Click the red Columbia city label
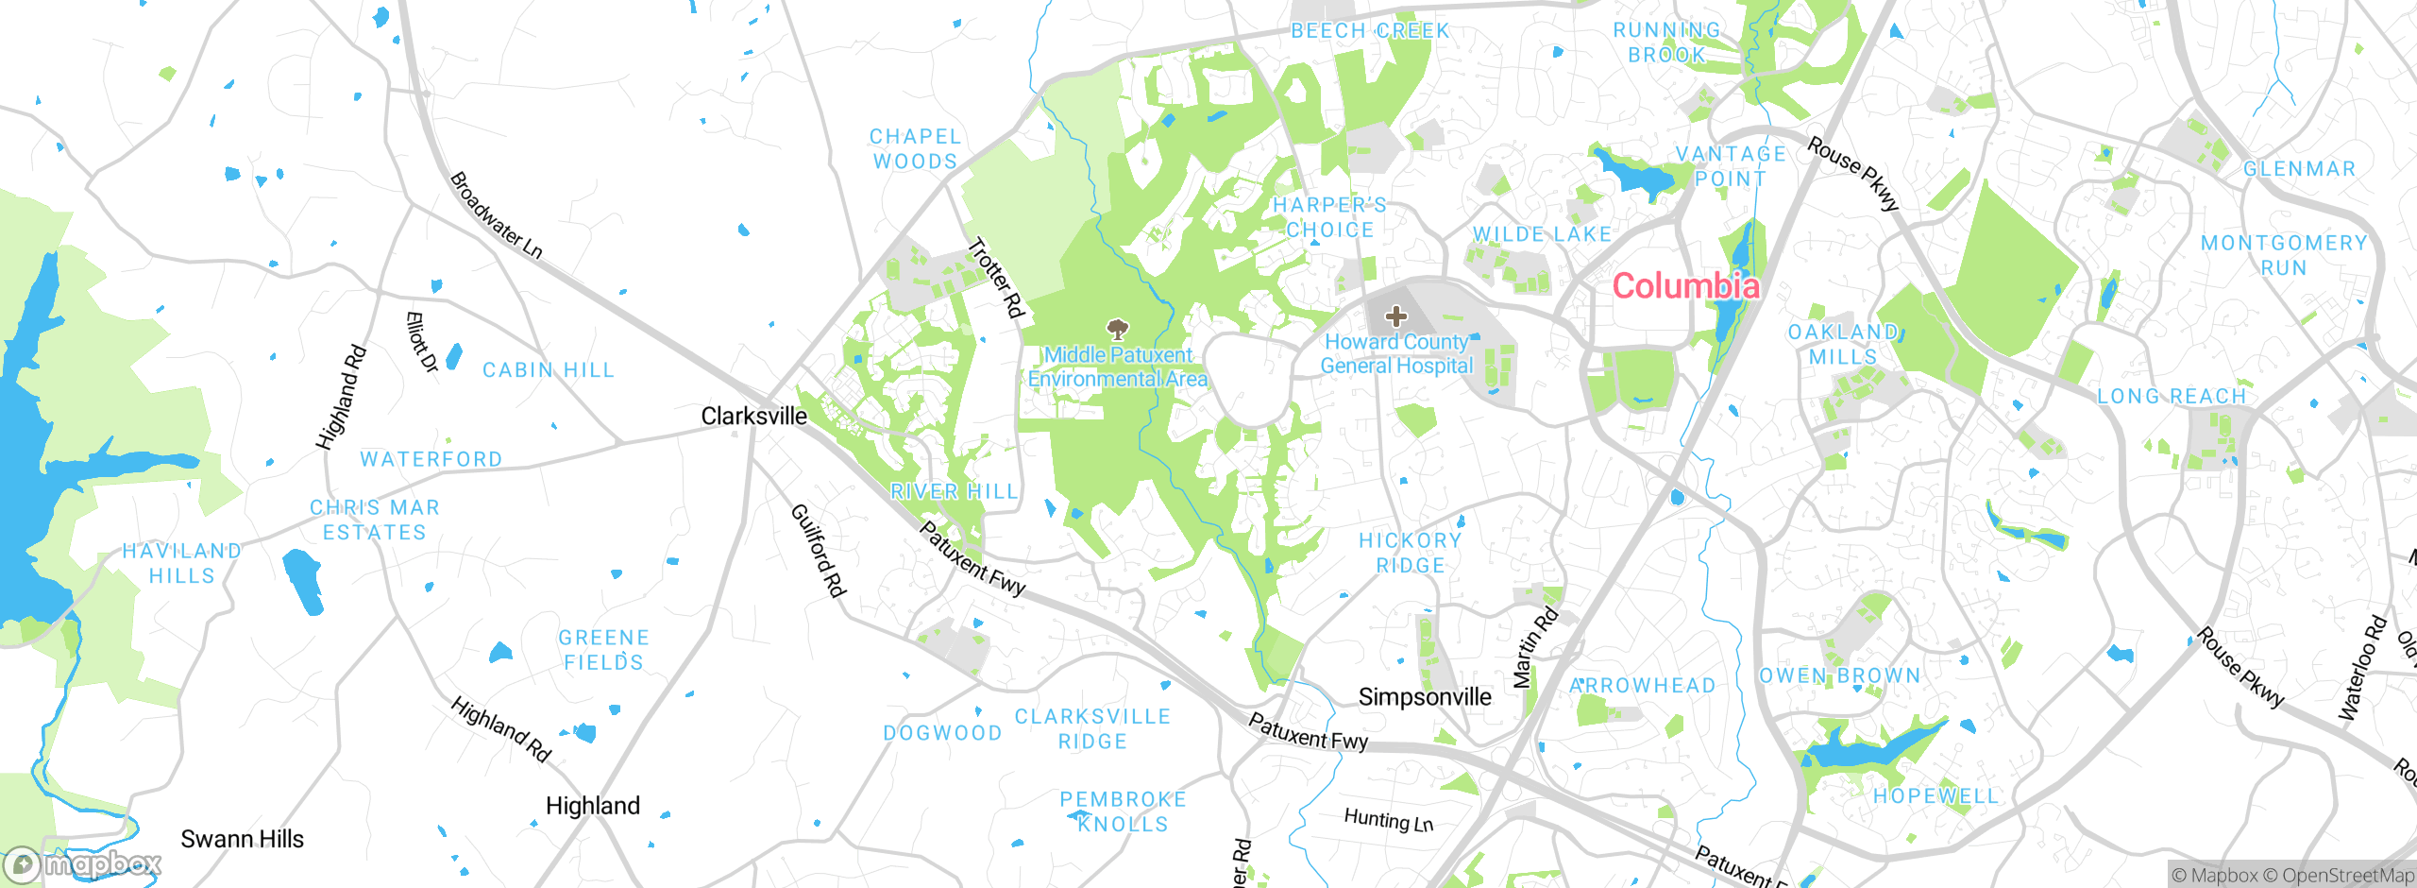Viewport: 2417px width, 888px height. click(x=1685, y=285)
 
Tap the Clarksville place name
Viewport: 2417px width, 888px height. click(x=753, y=416)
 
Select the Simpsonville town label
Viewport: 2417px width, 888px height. click(x=1424, y=697)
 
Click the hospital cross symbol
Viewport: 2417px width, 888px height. click(x=1395, y=316)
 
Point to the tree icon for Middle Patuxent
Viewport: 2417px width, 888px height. click(x=1118, y=330)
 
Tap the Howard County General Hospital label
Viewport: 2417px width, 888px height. click(x=1395, y=354)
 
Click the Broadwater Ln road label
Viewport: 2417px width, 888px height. click(x=496, y=215)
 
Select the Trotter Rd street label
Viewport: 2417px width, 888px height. click(x=996, y=278)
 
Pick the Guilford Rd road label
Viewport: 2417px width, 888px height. click(x=818, y=551)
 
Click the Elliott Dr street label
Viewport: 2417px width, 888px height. click(x=421, y=342)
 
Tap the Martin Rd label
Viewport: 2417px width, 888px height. click(x=1535, y=648)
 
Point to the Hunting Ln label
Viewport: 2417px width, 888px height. click(x=1388, y=820)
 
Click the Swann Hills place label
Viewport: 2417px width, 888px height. click(x=242, y=839)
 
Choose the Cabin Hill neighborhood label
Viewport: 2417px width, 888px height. click(x=548, y=370)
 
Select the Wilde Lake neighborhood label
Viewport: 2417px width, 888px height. click(x=1542, y=234)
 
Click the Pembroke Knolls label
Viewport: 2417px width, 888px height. click(x=1123, y=811)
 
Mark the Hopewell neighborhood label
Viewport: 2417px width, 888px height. click(x=1935, y=796)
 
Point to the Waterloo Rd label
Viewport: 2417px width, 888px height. click(x=2361, y=669)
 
